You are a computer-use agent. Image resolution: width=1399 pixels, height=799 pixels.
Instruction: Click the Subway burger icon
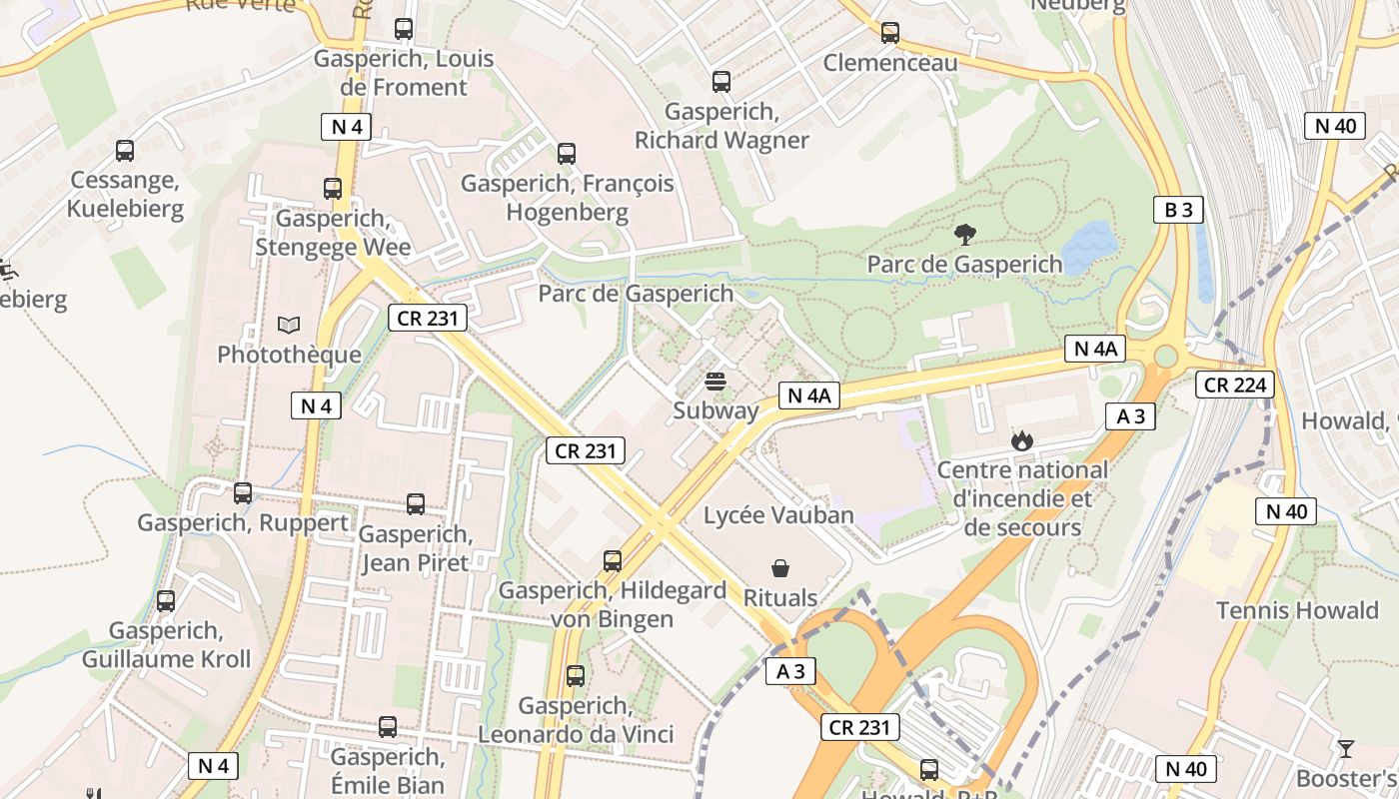[x=714, y=381]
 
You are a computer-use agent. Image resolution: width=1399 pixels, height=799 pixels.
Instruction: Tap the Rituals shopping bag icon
[x=780, y=568]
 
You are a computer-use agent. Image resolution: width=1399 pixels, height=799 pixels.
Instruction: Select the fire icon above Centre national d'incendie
[x=1021, y=439]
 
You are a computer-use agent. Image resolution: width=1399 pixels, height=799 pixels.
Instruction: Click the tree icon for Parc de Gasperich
[x=964, y=235]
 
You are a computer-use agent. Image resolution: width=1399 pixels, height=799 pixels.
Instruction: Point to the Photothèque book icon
[x=289, y=325]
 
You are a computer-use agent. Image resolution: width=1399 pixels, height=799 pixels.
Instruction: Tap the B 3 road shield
[x=1178, y=210]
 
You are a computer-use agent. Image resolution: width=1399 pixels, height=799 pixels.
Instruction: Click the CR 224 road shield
[x=1235, y=385]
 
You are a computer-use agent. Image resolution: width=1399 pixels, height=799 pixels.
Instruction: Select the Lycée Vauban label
[x=778, y=515]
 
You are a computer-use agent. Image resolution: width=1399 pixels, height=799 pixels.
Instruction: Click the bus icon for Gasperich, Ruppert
[x=243, y=492]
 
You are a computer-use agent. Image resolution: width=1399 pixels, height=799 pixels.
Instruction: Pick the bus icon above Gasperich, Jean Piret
[x=416, y=504]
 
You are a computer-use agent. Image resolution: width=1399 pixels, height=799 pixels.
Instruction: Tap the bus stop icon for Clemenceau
[x=890, y=33]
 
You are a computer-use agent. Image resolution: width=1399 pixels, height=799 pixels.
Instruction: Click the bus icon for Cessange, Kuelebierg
[x=125, y=151]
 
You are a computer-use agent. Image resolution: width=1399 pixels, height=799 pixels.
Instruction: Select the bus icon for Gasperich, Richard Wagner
[x=721, y=82]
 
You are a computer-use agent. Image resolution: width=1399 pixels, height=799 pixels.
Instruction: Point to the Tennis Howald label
[x=1296, y=610]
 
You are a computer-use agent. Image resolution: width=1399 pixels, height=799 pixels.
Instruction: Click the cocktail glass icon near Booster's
[x=1346, y=748]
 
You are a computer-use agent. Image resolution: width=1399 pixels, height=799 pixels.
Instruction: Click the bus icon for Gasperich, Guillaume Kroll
[x=166, y=601]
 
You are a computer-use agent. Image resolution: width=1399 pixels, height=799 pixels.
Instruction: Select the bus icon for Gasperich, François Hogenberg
[x=567, y=154]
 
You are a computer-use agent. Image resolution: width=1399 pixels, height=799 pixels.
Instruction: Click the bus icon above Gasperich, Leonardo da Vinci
[x=576, y=676]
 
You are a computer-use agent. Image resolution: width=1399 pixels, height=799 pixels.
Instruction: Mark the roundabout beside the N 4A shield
[x=1165, y=356]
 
